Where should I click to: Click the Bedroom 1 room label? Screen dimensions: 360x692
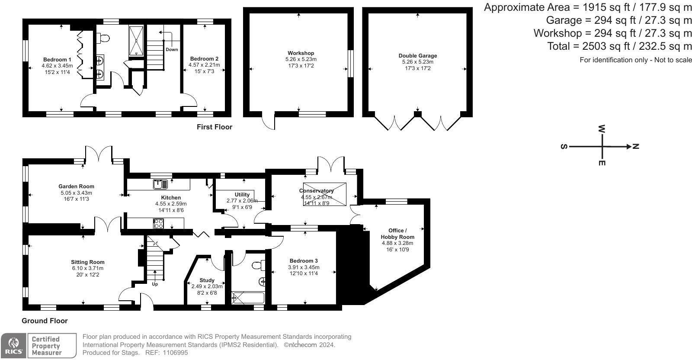pyautogui.click(x=57, y=60)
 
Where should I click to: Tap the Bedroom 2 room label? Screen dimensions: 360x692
pyautogui.click(x=204, y=59)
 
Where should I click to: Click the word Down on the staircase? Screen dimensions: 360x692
pyautogui.click(x=172, y=49)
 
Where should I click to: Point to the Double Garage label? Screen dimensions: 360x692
pyautogui.click(x=417, y=56)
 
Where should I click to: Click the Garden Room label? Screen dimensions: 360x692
pyautogui.click(x=76, y=186)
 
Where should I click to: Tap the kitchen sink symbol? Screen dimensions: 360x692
pyautogui.click(x=160, y=184)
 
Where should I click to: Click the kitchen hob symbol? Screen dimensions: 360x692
pyautogui.click(x=158, y=224)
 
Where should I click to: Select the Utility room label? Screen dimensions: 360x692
pyautogui.click(x=242, y=195)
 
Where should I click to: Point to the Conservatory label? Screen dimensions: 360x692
pyautogui.click(x=316, y=191)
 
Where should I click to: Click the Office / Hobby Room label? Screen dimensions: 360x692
pyautogui.click(x=397, y=234)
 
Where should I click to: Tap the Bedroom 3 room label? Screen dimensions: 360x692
pyautogui.click(x=304, y=261)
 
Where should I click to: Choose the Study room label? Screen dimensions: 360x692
pyautogui.click(x=207, y=280)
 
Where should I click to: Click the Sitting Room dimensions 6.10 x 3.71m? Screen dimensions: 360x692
pyautogui.click(x=88, y=268)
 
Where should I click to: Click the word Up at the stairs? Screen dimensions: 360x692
pyautogui.click(x=155, y=284)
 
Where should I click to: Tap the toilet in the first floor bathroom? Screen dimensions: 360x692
pyautogui.click(x=103, y=39)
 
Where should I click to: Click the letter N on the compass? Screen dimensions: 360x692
pyautogui.click(x=635, y=147)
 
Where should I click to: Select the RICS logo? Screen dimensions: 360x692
pyautogui.click(x=13, y=346)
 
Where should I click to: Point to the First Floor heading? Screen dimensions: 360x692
pyautogui.click(x=214, y=127)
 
